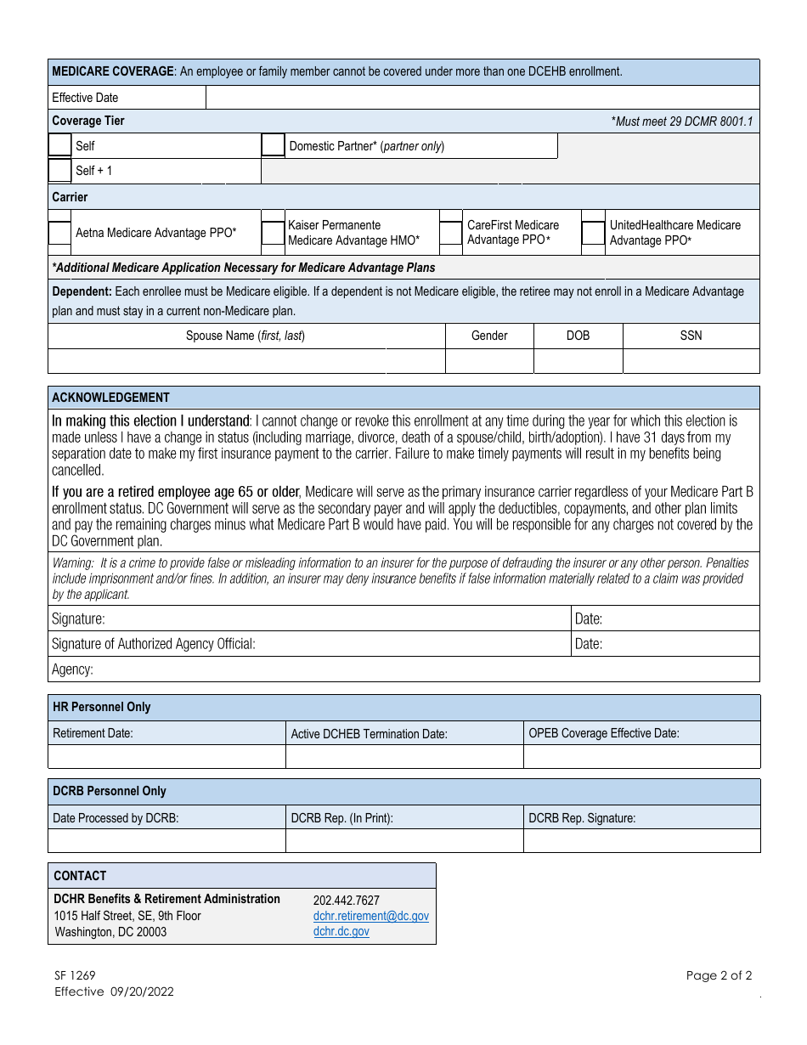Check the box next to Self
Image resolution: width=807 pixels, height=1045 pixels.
coord(59,145)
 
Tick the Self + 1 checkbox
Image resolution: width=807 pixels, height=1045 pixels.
coord(59,171)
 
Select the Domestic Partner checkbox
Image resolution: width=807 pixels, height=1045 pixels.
coord(273,145)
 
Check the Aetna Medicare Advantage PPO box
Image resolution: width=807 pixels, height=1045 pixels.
coord(59,233)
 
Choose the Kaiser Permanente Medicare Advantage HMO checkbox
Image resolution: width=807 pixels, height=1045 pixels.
coord(273,233)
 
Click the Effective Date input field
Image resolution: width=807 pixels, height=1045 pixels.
coord(483,98)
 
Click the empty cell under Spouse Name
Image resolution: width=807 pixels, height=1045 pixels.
coord(246,361)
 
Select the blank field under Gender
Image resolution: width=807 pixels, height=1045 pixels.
coord(489,361)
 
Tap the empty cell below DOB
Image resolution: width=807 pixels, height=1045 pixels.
coord(578,361)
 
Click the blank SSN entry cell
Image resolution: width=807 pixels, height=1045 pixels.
coord(691,361)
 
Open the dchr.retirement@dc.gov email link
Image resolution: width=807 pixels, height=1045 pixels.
coord(370,916)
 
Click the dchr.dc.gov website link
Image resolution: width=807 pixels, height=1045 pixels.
coord(341,931)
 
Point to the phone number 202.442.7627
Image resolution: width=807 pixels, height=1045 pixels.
coord(347,901)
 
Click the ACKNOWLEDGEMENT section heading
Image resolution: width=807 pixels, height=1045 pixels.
coord(111,398)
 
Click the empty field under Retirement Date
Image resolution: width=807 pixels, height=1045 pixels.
coord(166,756)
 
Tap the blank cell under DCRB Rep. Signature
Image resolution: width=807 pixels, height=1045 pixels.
coord(641,840)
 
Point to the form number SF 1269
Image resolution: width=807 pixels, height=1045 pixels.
coord(76,976)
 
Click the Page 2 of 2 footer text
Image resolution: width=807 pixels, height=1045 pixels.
coord(719,975)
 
